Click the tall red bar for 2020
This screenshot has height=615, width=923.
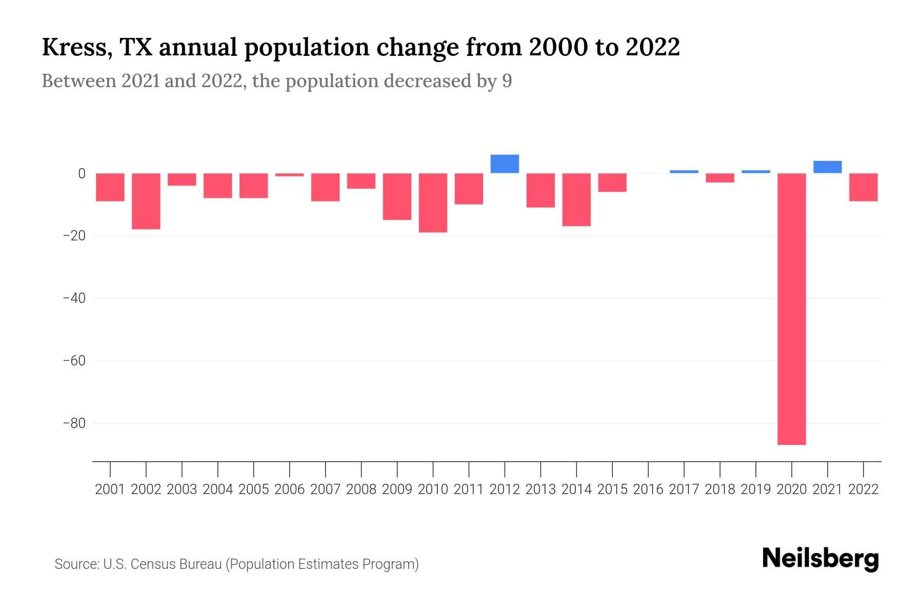[791, 309]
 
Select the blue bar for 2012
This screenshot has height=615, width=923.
[505, 164]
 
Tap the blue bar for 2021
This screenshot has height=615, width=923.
[827, 167]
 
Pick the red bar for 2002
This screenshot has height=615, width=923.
[146, 201]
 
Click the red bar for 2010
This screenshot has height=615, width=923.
[433, 202]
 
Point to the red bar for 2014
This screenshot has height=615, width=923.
[576, 199]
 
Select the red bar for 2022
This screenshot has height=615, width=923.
[863, 187]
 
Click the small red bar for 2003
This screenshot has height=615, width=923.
[182, 179]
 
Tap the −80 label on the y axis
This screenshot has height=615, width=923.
[74, 423]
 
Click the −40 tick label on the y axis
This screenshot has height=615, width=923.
[74, 298]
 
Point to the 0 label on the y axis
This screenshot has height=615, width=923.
[82, 174]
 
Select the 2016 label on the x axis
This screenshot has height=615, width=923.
[648, 489]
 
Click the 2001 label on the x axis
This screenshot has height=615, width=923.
[110, 489]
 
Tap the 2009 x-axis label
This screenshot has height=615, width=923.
[397, 489]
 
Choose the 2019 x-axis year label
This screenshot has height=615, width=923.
[755, 489]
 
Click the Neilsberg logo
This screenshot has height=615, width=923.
[820, 559]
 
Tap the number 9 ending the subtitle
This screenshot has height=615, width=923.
[507, 81]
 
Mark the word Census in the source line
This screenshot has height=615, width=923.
[149, 564]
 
